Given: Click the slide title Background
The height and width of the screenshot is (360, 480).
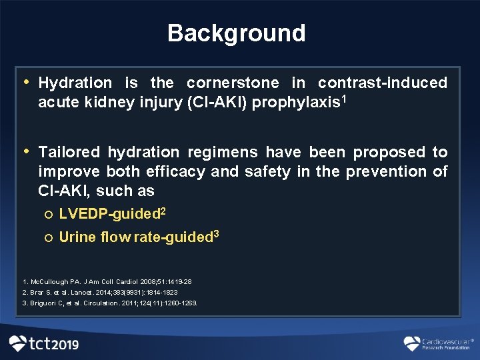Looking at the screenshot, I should [x=236, y=33].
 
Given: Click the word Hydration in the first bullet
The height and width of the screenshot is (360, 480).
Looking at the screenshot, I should [x=75, y=83].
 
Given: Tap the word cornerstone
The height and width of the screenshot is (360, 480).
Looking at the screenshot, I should [x=233, y=83].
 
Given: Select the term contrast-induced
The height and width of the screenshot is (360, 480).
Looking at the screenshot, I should [x=382, y=83].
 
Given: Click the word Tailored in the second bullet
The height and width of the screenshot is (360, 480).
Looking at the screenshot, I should [x=70, y=153].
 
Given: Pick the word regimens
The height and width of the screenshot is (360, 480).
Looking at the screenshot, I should [x=226, y=153].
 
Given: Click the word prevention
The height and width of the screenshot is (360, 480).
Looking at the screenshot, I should [x=387, y=172].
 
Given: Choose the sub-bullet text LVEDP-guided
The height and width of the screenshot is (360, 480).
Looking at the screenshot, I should [x=109, y=215].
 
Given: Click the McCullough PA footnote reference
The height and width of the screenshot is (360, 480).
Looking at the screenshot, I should [x=107, y=281].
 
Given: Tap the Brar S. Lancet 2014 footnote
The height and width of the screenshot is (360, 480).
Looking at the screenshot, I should [x=100, y=292].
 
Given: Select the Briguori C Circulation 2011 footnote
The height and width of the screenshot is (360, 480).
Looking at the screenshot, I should [x=110, y=303].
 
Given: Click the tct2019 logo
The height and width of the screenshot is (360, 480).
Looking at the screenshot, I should [x=44, y=344].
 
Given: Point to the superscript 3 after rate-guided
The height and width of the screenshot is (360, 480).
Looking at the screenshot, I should [x=215, y=234].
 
